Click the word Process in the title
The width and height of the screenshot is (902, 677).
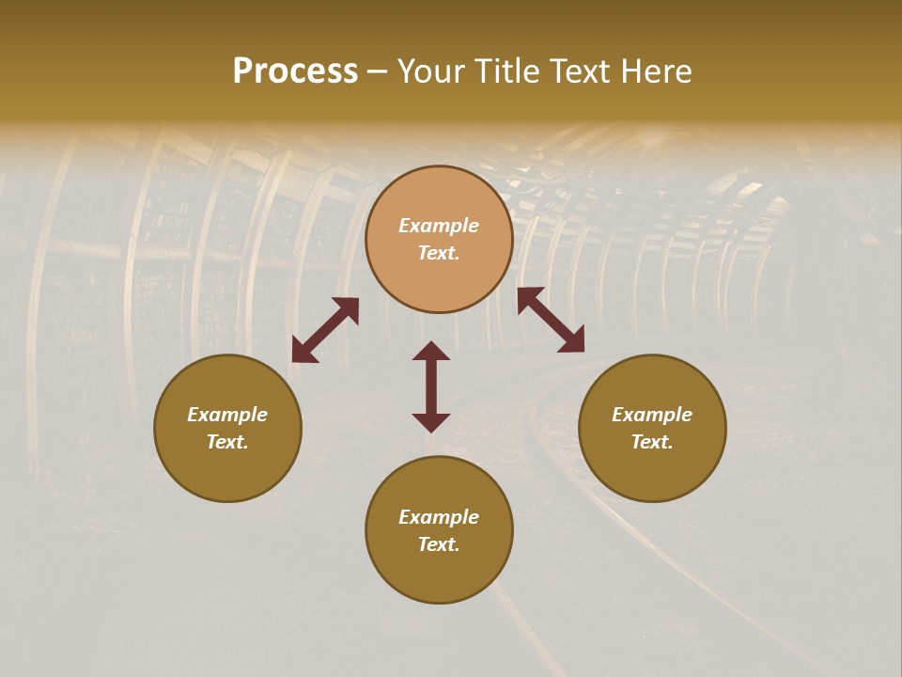click(295, 71)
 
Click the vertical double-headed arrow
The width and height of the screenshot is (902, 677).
click(431, 386)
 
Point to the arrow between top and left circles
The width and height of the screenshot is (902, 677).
click(325, 330)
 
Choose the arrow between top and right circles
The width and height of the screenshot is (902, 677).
click(551, 320)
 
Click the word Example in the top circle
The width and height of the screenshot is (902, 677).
click(439, 226)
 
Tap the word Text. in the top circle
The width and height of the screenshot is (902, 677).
click(439, 253)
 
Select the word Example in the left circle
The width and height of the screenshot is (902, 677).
click(227, 415)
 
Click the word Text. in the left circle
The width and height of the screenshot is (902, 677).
click(227, 442)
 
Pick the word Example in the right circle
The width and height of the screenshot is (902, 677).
click(652, 415)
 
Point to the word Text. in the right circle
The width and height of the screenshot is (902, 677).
click(652, 442)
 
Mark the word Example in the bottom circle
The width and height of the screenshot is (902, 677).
click(439, 517)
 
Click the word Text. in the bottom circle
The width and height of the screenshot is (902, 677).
click(439, 544)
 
